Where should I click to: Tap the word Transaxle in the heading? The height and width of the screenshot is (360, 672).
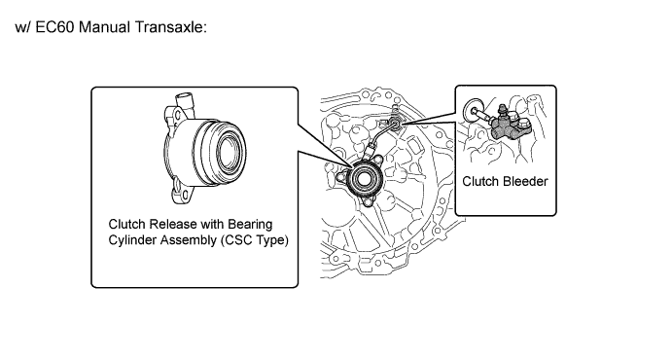tap(170, 27)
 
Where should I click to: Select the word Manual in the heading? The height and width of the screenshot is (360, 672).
tap(105, 27)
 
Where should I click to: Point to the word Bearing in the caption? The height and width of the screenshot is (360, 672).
tap(250, 225)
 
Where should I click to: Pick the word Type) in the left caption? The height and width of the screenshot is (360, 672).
tap(272, 240)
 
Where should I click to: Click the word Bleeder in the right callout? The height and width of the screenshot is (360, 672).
tap(525, 181)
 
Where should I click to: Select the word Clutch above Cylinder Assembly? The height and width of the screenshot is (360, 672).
tap(124, 224)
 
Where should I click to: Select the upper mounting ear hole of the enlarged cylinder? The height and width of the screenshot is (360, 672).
tap(175, 114)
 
